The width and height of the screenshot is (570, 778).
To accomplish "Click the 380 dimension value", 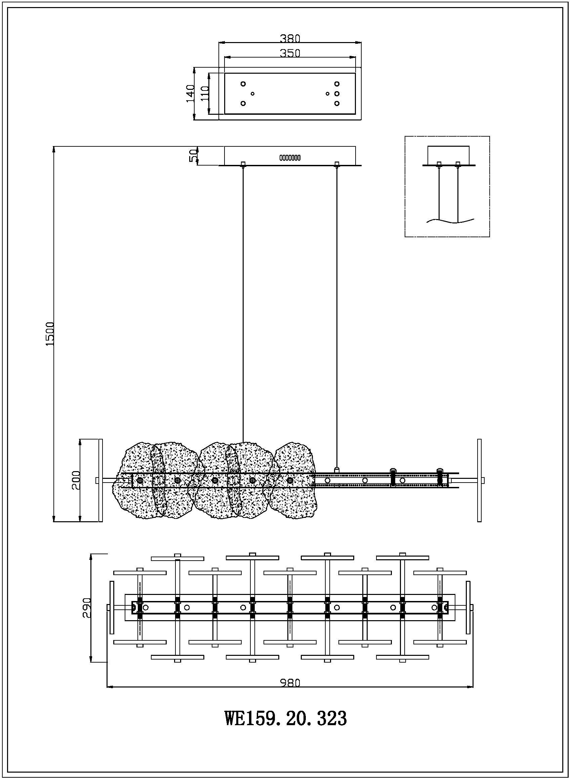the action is coord(290,38).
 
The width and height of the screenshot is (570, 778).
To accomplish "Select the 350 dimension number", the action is coord(290,53).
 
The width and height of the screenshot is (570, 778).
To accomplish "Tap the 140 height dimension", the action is coord(190,94).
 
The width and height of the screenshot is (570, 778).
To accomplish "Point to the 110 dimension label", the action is coord(204,94).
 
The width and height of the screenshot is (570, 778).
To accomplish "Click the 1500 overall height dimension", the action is coord(50,334).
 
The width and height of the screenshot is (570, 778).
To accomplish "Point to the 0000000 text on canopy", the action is coord(290,158).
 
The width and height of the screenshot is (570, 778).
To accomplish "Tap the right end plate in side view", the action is coord(479,480).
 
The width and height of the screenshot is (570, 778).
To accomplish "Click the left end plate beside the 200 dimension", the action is coord(101,480).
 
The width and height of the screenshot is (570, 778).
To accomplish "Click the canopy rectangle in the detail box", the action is coord(449,155).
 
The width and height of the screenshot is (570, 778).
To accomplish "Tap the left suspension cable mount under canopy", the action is coord(243,165).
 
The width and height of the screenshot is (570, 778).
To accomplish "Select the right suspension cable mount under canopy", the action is coord(337,165).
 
